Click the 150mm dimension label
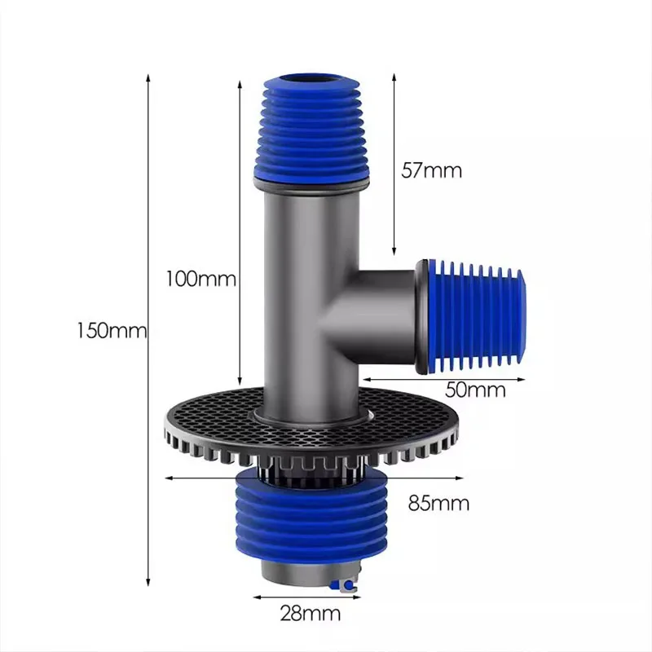coord(111,332)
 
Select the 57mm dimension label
coord(431,170)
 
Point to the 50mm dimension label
coord(475,390)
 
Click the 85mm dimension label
coord(438,503)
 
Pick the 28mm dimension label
coord(309,613)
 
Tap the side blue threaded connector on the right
coord(477,315)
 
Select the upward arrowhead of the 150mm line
coord(148,75)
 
